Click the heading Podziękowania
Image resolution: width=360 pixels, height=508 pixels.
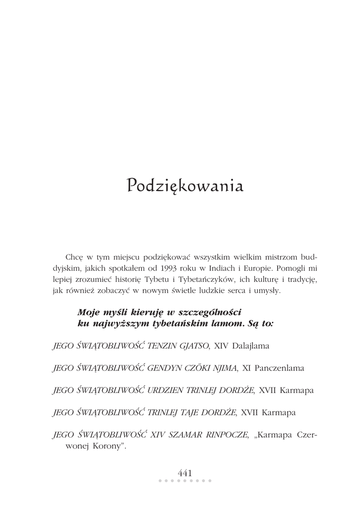pos(185,186)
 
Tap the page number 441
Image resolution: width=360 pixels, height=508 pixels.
pos(185,473)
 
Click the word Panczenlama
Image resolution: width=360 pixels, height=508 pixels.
pos(280,369)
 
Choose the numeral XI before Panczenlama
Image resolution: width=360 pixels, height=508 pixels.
pos(246,369)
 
